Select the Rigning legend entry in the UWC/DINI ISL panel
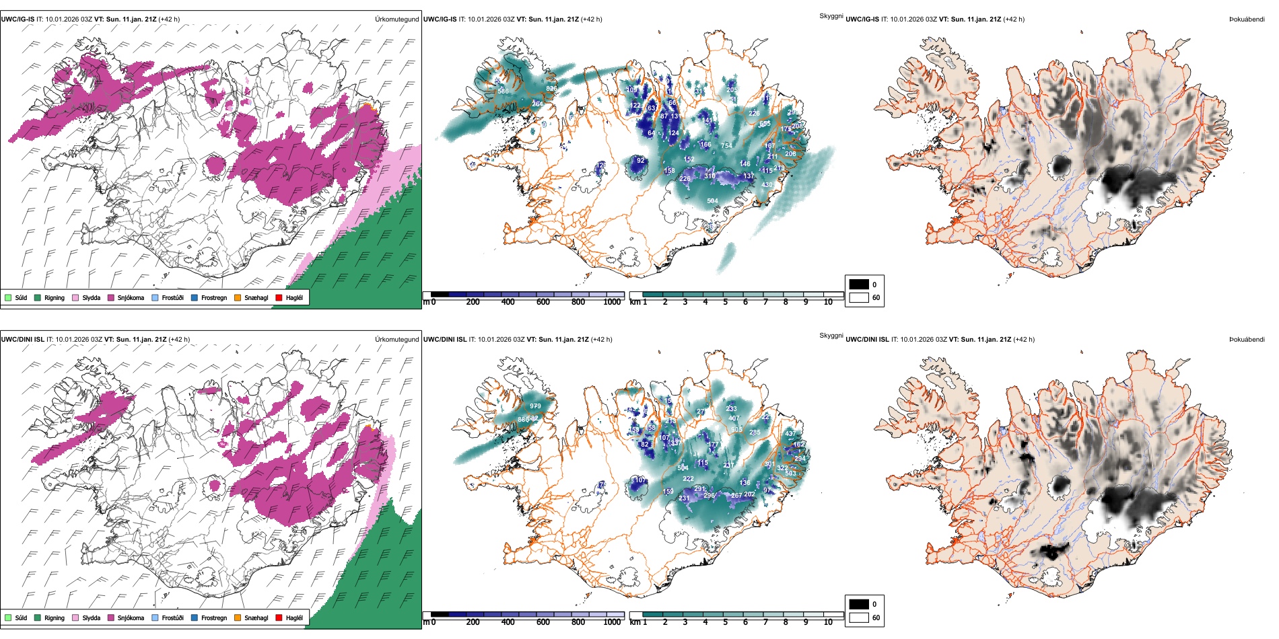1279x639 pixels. (x=55, y=618)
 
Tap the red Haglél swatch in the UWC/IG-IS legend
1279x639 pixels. (x=279, y=298)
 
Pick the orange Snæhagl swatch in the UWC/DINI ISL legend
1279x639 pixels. (x=238, y=618)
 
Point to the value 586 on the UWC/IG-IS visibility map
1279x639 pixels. (x=503, y=91)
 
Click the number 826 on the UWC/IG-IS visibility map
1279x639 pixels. (x=551, y=89)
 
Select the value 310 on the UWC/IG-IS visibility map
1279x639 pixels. (x=710, y=176)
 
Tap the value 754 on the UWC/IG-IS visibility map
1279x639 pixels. (x=726, y=146)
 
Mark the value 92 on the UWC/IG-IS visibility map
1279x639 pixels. (x=641, y=161)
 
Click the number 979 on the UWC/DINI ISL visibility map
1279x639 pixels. (x=535, y=406)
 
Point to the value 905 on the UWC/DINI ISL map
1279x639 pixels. (x=736, y=430)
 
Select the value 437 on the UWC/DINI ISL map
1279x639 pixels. (x=791, y=434)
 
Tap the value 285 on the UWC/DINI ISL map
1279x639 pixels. (x=755, y=433)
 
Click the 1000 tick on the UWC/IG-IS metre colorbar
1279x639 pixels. (x=612, y=302)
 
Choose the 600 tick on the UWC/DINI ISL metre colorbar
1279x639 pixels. (x=543, y=622)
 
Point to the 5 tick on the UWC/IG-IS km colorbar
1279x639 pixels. (x=726, y=302)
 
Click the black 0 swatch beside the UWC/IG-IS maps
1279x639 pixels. (x=859, y=285)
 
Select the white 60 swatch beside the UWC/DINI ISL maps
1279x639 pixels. (x=859, y=617)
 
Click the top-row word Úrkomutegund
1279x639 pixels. (x=396, y=20)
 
